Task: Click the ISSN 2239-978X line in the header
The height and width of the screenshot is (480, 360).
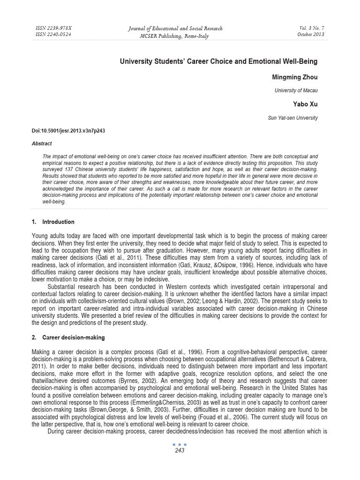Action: point(54,28)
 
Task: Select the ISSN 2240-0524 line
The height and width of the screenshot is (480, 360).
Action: point(54,34)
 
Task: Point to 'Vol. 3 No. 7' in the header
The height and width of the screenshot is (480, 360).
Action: point(311,28)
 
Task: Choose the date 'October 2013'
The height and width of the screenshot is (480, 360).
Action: point(311,34)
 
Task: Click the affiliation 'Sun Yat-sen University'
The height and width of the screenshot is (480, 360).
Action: point(292,118)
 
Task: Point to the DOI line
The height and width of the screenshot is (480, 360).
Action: point(68,131)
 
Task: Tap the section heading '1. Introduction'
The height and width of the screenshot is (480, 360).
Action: point(53,222)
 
